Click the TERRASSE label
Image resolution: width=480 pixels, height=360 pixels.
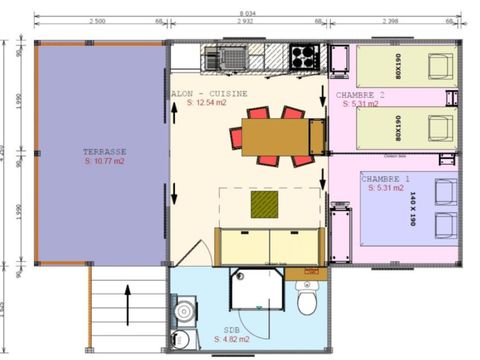click(103, 152)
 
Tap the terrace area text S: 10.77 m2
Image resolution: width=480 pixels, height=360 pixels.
click(103, 161)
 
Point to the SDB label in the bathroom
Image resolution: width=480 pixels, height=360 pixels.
click(231, 331)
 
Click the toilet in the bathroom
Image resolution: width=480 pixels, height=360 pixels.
click(309, 300)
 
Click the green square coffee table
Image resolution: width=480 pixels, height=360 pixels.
click(265, 205)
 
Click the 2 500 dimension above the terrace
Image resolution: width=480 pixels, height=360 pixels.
click(98, 19)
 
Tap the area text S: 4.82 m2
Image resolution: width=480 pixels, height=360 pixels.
click(232, 340)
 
